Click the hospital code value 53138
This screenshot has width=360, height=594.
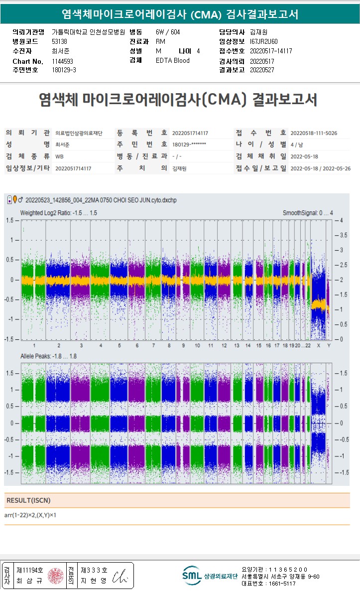pos(59,41)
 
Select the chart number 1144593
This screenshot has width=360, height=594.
pos(63,61)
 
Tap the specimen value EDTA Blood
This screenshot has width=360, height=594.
pos(172,61)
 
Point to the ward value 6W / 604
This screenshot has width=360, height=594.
pos(168,32)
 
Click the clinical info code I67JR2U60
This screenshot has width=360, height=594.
pos(264,41)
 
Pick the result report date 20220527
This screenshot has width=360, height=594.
pos(262,70)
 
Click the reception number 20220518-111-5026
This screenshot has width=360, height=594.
pos(313,133)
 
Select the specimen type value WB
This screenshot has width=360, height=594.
pos(59,156)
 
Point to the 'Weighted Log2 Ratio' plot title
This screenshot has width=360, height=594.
pos(58,213)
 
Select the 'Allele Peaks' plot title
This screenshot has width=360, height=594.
pos(48,356)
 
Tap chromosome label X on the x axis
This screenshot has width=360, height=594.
pos(319,345)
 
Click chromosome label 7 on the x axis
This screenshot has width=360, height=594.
pos(153,345)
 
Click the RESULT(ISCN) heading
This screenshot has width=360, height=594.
pos(28,500)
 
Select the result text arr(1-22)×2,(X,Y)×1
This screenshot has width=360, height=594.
pos(30,515)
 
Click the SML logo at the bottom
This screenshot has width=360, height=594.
pos(191,576)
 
